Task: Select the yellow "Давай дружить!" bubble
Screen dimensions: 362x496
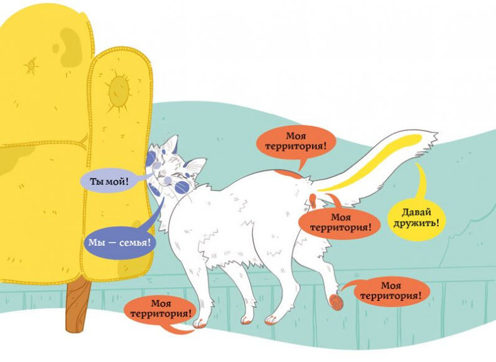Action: click(x=416, y=216)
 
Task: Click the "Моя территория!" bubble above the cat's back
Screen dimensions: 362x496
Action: click(x=295, y=141)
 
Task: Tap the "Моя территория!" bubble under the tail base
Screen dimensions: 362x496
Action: click(x=340, y=222)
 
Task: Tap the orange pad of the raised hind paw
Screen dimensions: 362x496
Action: click(x=336, y=300)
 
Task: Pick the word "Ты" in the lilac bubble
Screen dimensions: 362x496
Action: click(x=97, y=181)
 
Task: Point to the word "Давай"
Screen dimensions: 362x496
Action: click(x=416, y=211)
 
